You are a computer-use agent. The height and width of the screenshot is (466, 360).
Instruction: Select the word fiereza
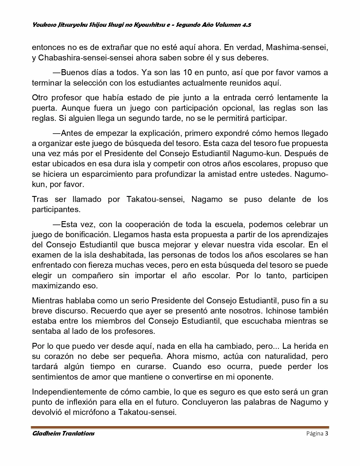103,265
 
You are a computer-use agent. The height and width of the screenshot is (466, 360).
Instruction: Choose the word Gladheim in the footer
45,433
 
